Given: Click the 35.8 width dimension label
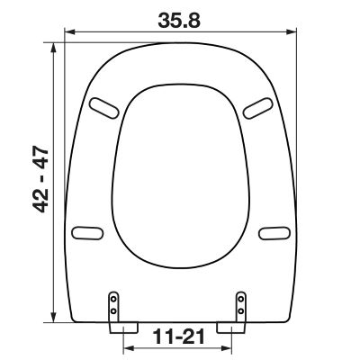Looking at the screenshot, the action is coord(179,21).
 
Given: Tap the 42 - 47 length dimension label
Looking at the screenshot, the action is coord(40,179).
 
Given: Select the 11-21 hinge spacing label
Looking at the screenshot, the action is coord(179,337).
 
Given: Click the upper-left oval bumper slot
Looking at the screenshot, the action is coord(104,108).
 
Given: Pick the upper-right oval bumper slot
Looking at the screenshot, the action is coord(258,108).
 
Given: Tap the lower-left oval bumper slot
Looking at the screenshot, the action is coord(87,233).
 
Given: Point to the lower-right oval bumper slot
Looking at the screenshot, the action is coord(274,233).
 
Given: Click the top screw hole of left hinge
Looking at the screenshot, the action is coord(113,299).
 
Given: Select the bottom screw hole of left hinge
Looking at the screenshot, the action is coord(113,310).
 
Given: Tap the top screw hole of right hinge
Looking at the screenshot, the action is coord(240,299).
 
